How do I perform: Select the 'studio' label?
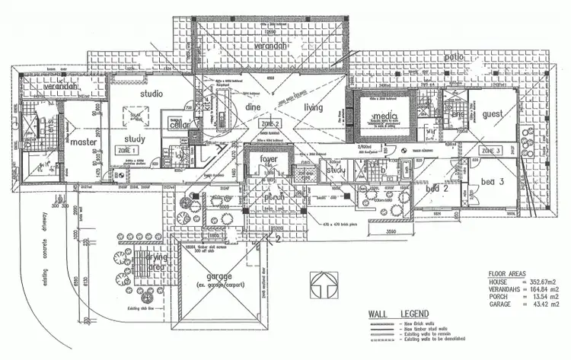click(152, 94)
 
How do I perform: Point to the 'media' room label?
click(385, 116)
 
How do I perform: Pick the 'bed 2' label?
click(436, 186)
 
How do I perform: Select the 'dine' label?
click(253, 108)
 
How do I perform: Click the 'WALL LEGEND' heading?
click(398, 314)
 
